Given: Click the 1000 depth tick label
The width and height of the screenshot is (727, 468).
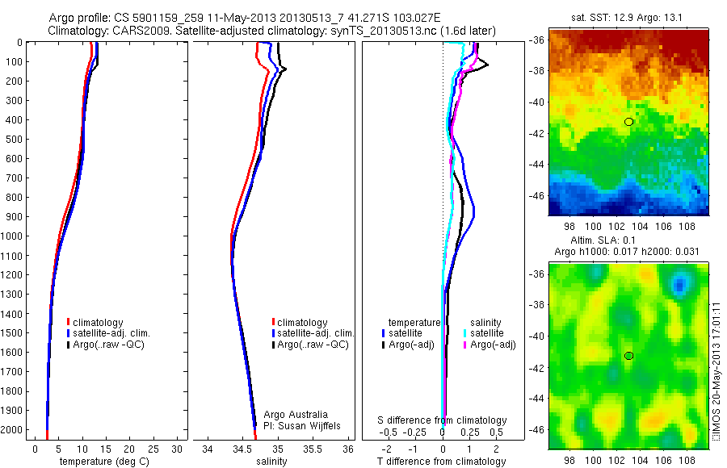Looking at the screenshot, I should pos(13,236).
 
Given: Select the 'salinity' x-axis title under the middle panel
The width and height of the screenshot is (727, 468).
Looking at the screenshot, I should pos(271,462).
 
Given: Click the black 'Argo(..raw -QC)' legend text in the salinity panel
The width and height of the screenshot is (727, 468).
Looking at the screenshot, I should pos(313,345).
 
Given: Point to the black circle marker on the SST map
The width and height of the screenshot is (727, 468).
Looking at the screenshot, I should pos(628,122).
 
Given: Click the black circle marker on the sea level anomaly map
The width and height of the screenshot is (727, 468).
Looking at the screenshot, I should pos(628,356).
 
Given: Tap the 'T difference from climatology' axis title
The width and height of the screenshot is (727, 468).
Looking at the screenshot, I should pos(443,462).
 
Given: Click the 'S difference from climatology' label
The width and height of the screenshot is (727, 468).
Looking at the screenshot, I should pos(443,420).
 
